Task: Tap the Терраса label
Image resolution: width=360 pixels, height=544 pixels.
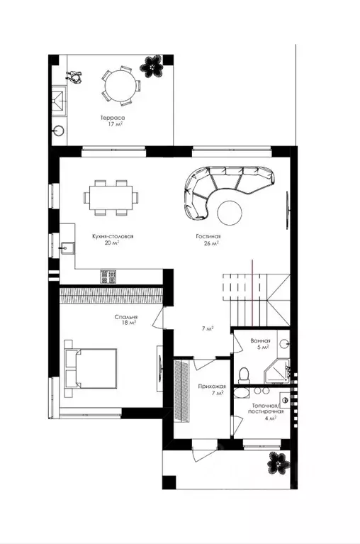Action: click(113, 118)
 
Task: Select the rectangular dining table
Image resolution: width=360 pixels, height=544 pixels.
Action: click(111, 198)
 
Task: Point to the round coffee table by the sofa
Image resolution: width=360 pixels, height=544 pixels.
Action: click(230, 213)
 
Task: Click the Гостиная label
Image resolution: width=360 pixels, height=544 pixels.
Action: click(208, 236)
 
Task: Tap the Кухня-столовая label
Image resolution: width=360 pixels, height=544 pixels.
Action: click(113, 236)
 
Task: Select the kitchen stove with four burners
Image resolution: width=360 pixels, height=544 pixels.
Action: click(108, 277)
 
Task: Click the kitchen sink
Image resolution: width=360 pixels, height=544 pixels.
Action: click(67, 248)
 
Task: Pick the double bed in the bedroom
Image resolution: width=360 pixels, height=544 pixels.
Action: click(91, 368)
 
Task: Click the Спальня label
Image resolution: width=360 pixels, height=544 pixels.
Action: click(126, 317)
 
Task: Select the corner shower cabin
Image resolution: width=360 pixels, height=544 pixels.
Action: click(277, 372)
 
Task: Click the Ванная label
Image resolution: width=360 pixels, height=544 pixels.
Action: click(260, 341)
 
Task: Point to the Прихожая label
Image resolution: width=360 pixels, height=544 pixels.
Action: click(212, 386)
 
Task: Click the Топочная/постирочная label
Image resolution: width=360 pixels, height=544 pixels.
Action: click(266, 409)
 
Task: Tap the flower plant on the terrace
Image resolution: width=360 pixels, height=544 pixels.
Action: click(152, 66)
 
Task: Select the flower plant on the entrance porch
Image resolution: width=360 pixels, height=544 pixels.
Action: click(278, 462)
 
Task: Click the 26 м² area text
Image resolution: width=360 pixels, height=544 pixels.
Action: click(211, 243)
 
